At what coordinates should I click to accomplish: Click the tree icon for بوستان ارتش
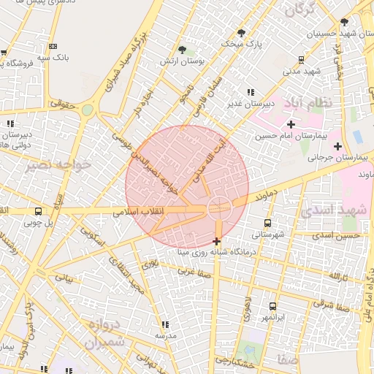pos(182,50)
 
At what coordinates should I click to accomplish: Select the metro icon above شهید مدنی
pos(302,60)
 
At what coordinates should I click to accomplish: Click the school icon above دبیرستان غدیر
pos(251,92)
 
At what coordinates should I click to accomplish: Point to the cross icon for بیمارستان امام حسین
pos(291,124)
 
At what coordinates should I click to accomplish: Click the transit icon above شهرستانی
pos(267,223)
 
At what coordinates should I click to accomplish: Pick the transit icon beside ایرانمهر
pos(272,307)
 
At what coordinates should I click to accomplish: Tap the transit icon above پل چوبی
pos(38,212)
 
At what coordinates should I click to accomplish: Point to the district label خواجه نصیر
pos(59,165)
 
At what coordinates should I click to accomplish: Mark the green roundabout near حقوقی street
pos(88,110)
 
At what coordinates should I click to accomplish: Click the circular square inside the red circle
pos(218,209)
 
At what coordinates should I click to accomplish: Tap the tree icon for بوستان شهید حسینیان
pos(344,22)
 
